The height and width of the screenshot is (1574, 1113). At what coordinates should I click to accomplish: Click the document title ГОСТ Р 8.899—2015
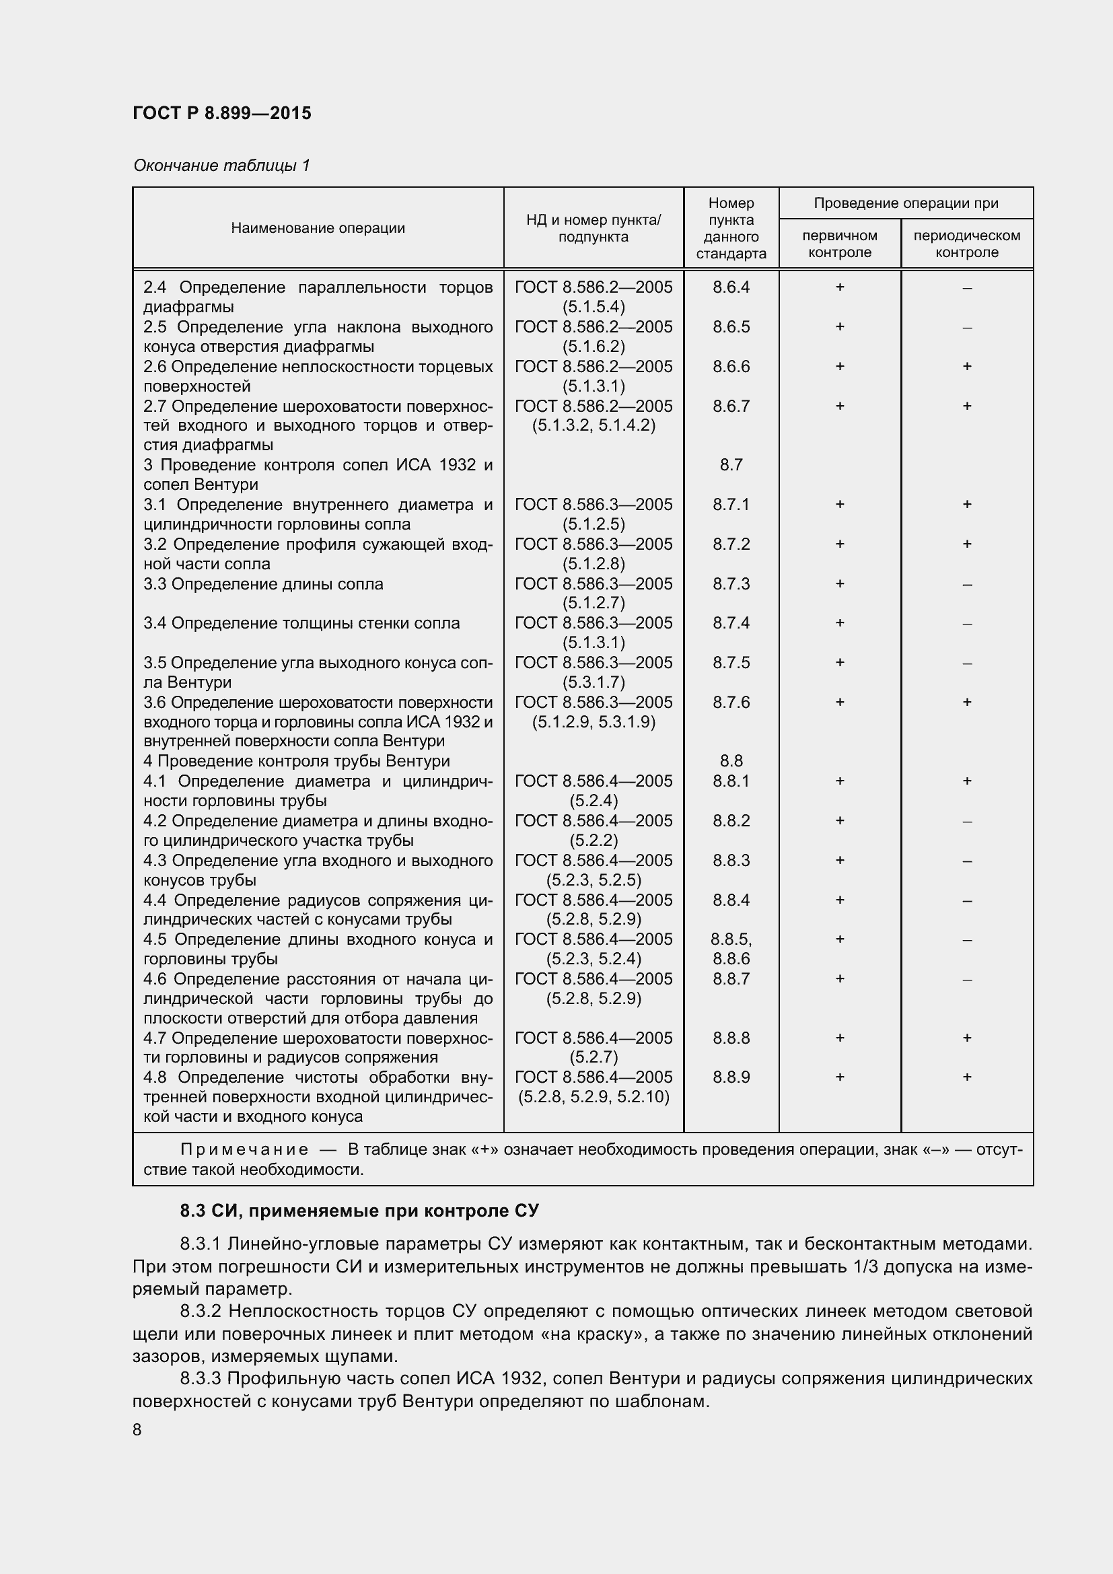coord(221,113)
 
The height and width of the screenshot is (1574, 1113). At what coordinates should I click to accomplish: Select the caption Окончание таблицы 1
coord(221,166)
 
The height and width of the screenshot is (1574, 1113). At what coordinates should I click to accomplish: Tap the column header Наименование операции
coord(318,228)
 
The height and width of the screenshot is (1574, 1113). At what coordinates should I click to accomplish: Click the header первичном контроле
coord(839,244)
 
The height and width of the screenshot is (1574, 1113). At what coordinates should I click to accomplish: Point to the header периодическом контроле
coord(966,244)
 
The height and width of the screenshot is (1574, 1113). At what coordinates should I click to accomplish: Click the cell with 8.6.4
coord(731,287)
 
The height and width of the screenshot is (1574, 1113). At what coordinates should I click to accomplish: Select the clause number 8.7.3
coord(731,584)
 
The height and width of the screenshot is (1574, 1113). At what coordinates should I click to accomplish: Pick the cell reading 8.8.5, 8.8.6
coord(731,949)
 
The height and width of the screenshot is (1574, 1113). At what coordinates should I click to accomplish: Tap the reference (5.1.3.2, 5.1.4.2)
coord(593,426)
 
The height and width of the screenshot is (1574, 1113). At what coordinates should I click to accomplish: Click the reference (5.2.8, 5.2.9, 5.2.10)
coord(593,1097)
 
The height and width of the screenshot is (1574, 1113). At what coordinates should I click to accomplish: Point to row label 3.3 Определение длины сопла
coord(263,584)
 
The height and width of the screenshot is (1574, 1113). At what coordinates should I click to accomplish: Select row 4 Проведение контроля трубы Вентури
coord(296,761)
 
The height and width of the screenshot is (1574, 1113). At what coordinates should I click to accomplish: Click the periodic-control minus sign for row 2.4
coord(966,289)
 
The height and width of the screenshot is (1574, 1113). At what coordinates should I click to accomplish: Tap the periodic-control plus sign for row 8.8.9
coord(966,1077)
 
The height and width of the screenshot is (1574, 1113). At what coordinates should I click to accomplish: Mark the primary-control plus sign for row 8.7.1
coord(839,505)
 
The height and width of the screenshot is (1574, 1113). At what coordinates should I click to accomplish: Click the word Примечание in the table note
coord(244,1149)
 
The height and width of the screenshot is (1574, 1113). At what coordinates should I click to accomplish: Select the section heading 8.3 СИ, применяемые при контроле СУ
coord(359,1211)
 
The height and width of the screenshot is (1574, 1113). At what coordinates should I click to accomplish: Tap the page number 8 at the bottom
coord(137,1429)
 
